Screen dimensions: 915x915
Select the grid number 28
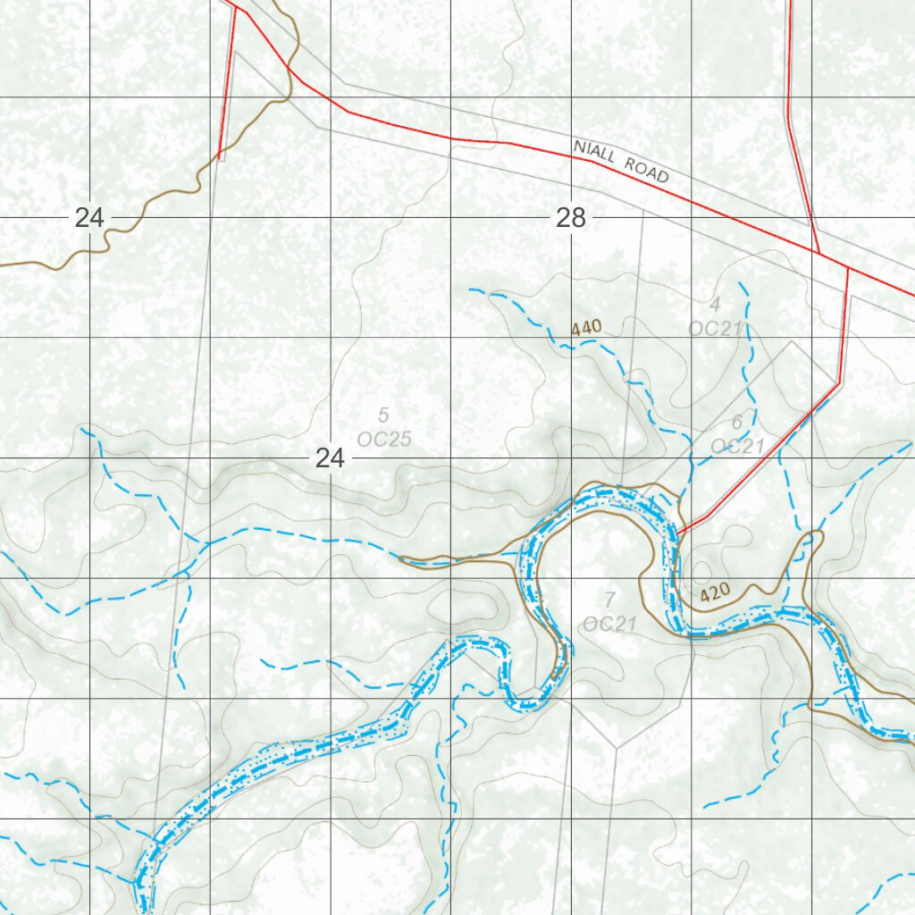pyautogui.click(x=570, y=217)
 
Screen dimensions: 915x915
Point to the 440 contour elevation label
pyautogui.click(x=586, y=328)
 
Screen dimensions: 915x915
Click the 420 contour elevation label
pyautogui.click(x=716, y=592)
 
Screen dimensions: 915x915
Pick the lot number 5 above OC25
pyautogui.click(x=383, y=415)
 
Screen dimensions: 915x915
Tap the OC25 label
pyautogui.click(x=383, y=439)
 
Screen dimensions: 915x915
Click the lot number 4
pyautogui.click(x=715, y=304)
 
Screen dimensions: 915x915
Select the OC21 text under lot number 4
pyautogui.click(x=715, y=328)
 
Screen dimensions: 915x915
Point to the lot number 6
pyautogui.click(x=737, y=422)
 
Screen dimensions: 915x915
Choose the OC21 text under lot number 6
pyautogui.click(x=737, y=445)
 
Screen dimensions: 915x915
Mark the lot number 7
pyautogui.click(x=609, y=599)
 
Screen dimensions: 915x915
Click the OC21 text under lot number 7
pyautogui.click(x=609, y=623)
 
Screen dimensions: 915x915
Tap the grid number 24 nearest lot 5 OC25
pyautogui.click(x=330, y=458)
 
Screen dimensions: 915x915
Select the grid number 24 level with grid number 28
pyautogui.click(x=89, y=217)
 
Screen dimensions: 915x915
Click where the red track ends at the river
pyautogui.click(x=678, y=533)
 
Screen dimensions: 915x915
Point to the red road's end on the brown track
pyautogui.click(x=220, y=158)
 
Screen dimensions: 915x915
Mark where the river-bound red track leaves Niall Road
pyautogui.click(x=847, y=267)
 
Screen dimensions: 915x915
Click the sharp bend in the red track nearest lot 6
pyautogui.click(x=839, y=383)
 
